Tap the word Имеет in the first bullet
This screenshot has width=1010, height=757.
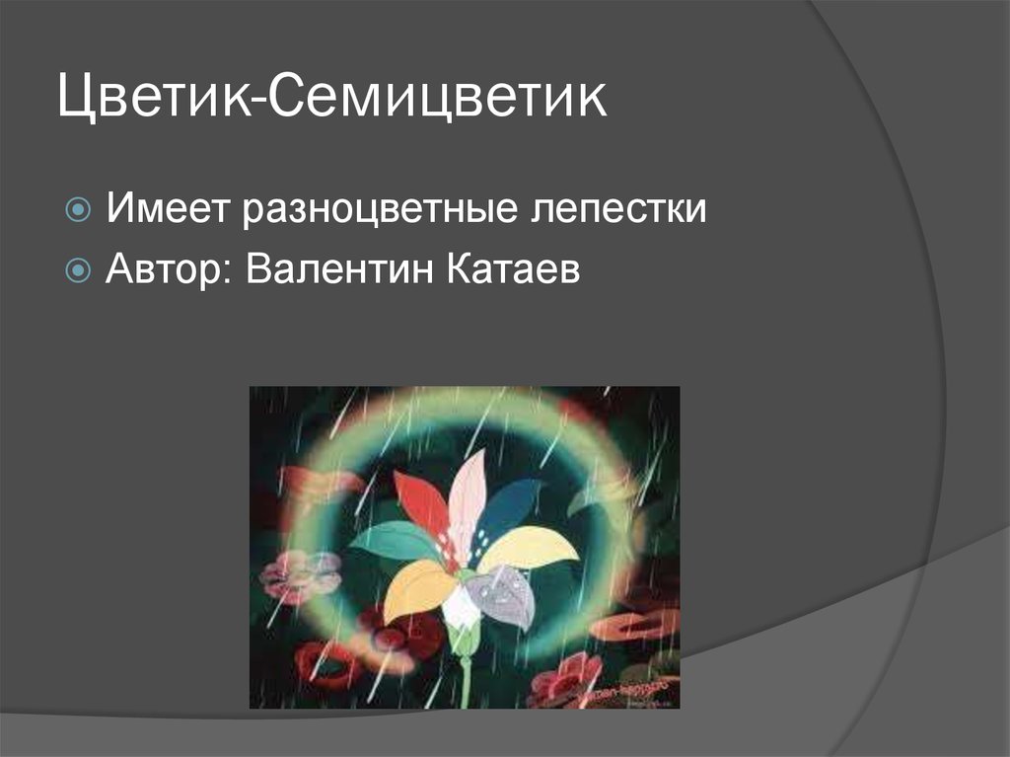coord(165,209)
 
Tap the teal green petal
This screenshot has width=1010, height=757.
coord(395,541)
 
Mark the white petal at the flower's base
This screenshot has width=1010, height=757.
coord(461,608)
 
